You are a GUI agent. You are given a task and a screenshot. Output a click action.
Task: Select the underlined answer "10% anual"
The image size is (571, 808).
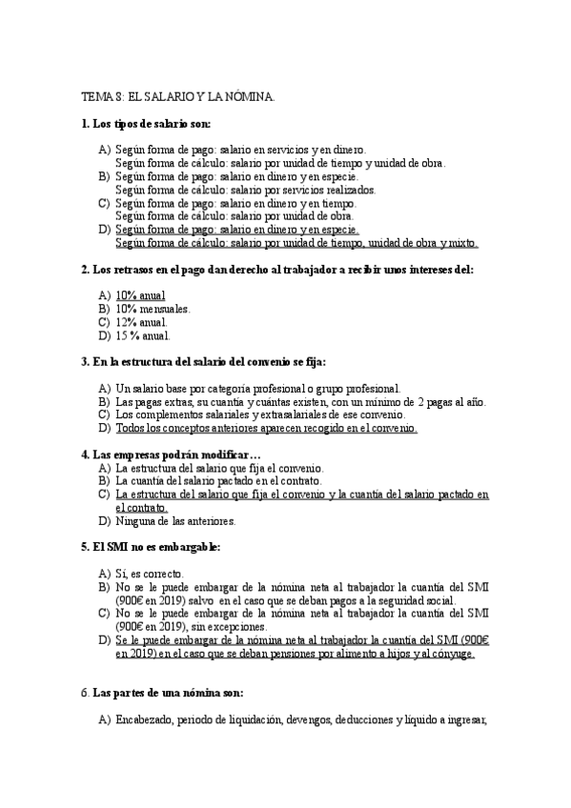click(140, 295)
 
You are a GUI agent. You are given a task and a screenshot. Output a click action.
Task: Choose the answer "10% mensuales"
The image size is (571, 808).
click(153, 309)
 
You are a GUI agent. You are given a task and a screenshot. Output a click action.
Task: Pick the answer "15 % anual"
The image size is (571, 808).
click(143, 335)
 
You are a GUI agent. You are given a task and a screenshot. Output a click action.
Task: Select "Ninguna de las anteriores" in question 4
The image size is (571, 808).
click(174, 521)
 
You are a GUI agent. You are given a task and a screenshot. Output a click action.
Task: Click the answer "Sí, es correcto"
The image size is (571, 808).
click(155, 575)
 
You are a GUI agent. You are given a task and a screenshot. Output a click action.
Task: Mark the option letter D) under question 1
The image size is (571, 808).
click(104, 230)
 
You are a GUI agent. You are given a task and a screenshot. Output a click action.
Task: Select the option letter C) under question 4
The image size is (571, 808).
click(104, 495)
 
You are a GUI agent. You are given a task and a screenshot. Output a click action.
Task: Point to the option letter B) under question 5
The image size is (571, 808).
click(104, 588)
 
